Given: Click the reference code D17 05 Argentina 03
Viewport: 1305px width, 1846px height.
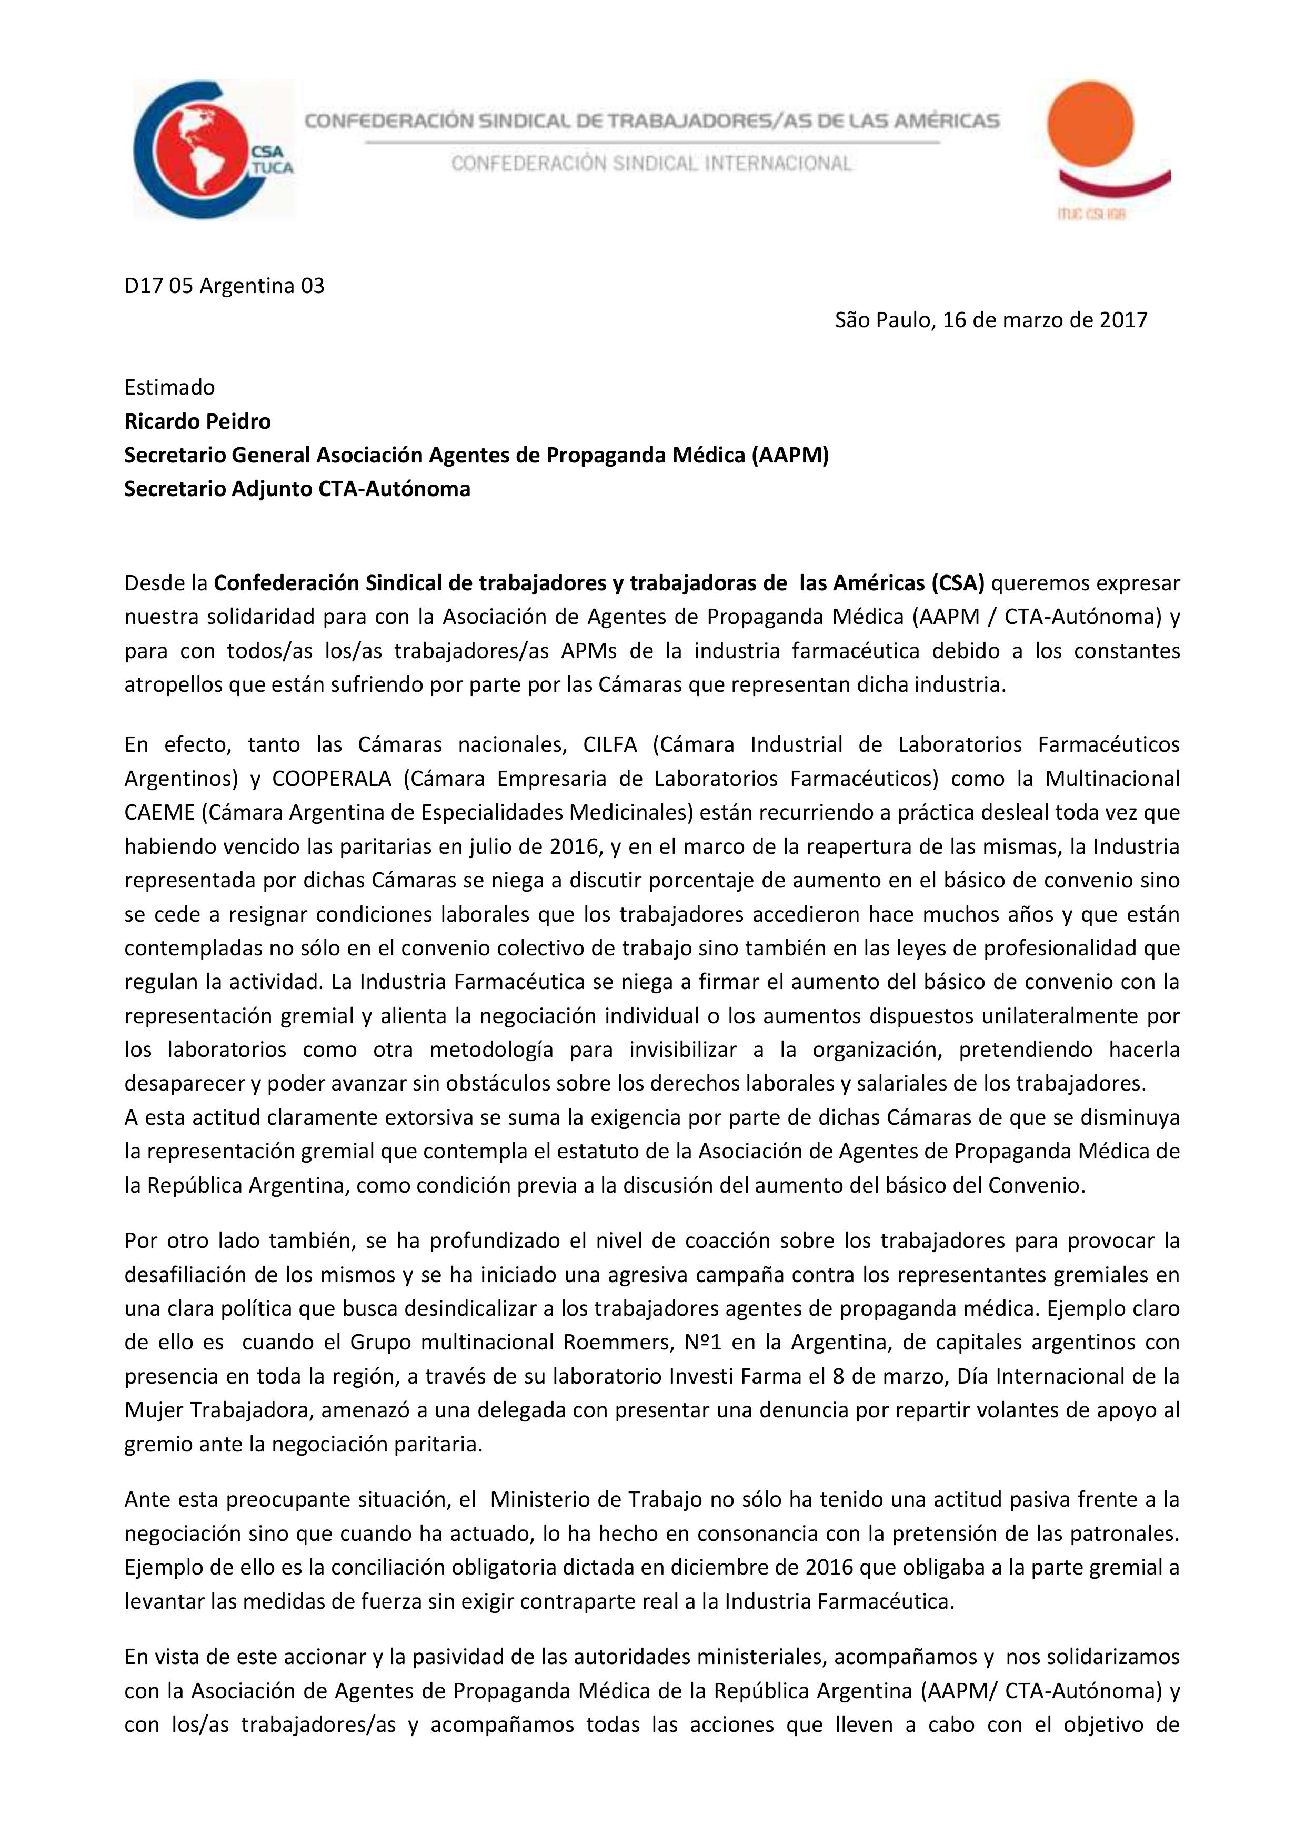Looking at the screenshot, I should pos(224,286).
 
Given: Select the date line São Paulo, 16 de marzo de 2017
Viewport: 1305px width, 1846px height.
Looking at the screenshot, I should pos(991,320).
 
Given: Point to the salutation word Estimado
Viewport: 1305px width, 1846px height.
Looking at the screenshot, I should pos(169,388).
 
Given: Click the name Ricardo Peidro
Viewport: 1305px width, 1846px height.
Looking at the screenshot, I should pos(197,421).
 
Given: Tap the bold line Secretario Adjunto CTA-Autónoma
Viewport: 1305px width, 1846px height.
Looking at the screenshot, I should pos(297,489).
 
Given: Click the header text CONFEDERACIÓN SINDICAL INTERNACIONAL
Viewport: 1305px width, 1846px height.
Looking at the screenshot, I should pos(651,164).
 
